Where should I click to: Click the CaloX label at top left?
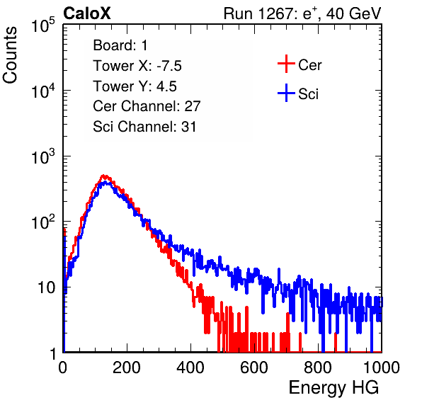tap(87, 13)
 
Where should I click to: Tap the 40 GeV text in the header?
tap(353, 13)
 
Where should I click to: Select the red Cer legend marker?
tap(286, 64)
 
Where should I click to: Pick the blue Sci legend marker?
tap(286, 93)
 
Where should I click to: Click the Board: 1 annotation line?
tap(120, 45)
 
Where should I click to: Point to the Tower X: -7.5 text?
tap(137, 66)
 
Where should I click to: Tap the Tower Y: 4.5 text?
tap(135, 86)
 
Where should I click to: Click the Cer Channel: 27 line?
tap(147, 106)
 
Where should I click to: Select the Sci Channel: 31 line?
tap(144, 127)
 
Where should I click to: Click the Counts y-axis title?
tap(10, 55)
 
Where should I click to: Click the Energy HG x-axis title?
tap(333, 388)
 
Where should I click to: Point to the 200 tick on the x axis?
tap(127, 367)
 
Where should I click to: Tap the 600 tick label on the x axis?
tap(254, 367)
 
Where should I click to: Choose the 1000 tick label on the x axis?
tap(382, 367)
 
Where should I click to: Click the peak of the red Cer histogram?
tap(104, 176)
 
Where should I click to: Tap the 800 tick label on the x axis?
tap(318, 367)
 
